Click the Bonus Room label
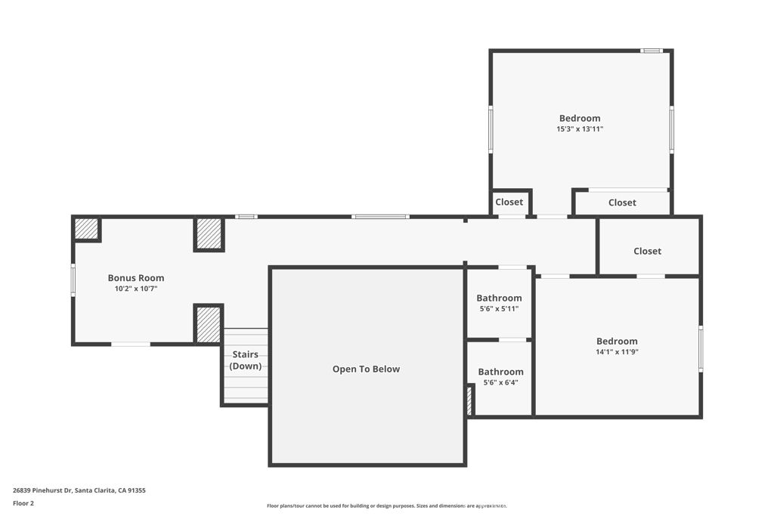click(x=135, y=278)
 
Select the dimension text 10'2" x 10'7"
click(x=135, y=289)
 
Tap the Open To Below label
click(x=366, y=369)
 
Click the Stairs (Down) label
click(x=245, y=360)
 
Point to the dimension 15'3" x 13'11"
click(x=580, y=129)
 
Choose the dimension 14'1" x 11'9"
click(x=617, y=352)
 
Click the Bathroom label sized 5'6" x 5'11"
click(x=499, y=298)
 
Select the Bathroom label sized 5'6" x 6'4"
click(x=500, y=372)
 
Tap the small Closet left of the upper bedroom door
click(x=509, y=202)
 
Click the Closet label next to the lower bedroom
click(x=647, y=251)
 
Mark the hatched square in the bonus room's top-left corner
click(x=86, y=229)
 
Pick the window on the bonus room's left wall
click(x=73, y=279)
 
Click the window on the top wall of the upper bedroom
click(x=651, y=51)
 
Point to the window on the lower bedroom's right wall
click(x=701, y=348)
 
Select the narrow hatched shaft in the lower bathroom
click(x=469, y=400)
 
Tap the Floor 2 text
click(x=23, y=503)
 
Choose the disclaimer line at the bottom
click(x=386, y=505)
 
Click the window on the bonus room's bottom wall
click(x=131, y=345)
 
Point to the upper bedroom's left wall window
click(x=491, y=129)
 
